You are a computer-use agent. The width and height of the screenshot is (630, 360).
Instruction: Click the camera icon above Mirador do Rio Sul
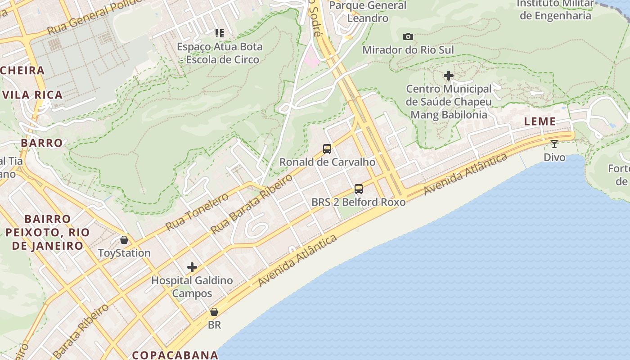point(408,36)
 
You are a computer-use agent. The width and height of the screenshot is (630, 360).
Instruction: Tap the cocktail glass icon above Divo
point(554,144)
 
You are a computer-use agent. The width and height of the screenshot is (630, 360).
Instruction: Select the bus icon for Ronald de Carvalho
point(327,149)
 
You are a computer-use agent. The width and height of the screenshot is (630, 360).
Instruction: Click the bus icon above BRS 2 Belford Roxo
point(359,189)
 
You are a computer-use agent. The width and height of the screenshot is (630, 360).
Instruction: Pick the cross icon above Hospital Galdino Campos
point(192,268)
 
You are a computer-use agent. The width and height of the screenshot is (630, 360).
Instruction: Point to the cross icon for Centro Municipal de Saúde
point(449,76)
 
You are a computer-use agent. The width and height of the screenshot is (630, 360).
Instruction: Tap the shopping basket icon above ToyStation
point(124,240)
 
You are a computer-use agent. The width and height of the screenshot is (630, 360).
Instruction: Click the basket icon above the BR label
point(214,312)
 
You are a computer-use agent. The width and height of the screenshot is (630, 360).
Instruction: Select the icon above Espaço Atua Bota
point(220,33)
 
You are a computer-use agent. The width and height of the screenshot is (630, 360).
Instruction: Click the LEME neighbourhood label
point(540,121)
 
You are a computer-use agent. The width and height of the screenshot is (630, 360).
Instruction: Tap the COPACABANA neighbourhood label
point(175,355)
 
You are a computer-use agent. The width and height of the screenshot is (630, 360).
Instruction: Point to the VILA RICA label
point(32,94)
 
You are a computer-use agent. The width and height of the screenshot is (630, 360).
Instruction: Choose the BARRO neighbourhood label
point(42,143)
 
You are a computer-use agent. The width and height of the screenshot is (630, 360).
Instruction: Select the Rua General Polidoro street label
point(90,19)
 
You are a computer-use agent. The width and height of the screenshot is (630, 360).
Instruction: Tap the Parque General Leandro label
point(368,12)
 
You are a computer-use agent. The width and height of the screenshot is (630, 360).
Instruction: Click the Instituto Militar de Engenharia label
point(555,9)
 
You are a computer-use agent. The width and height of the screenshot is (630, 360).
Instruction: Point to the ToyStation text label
point(124,253)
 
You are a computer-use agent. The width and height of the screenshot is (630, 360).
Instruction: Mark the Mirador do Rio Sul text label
point(408,49)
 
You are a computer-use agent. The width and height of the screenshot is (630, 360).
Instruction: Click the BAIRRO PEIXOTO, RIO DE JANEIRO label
point(48,232)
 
